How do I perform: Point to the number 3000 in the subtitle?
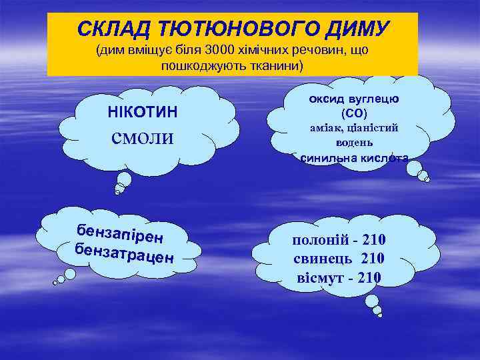click(x=221, y=51)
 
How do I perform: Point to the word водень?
click(x=354, y=143)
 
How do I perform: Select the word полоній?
click(x=318, y=240)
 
